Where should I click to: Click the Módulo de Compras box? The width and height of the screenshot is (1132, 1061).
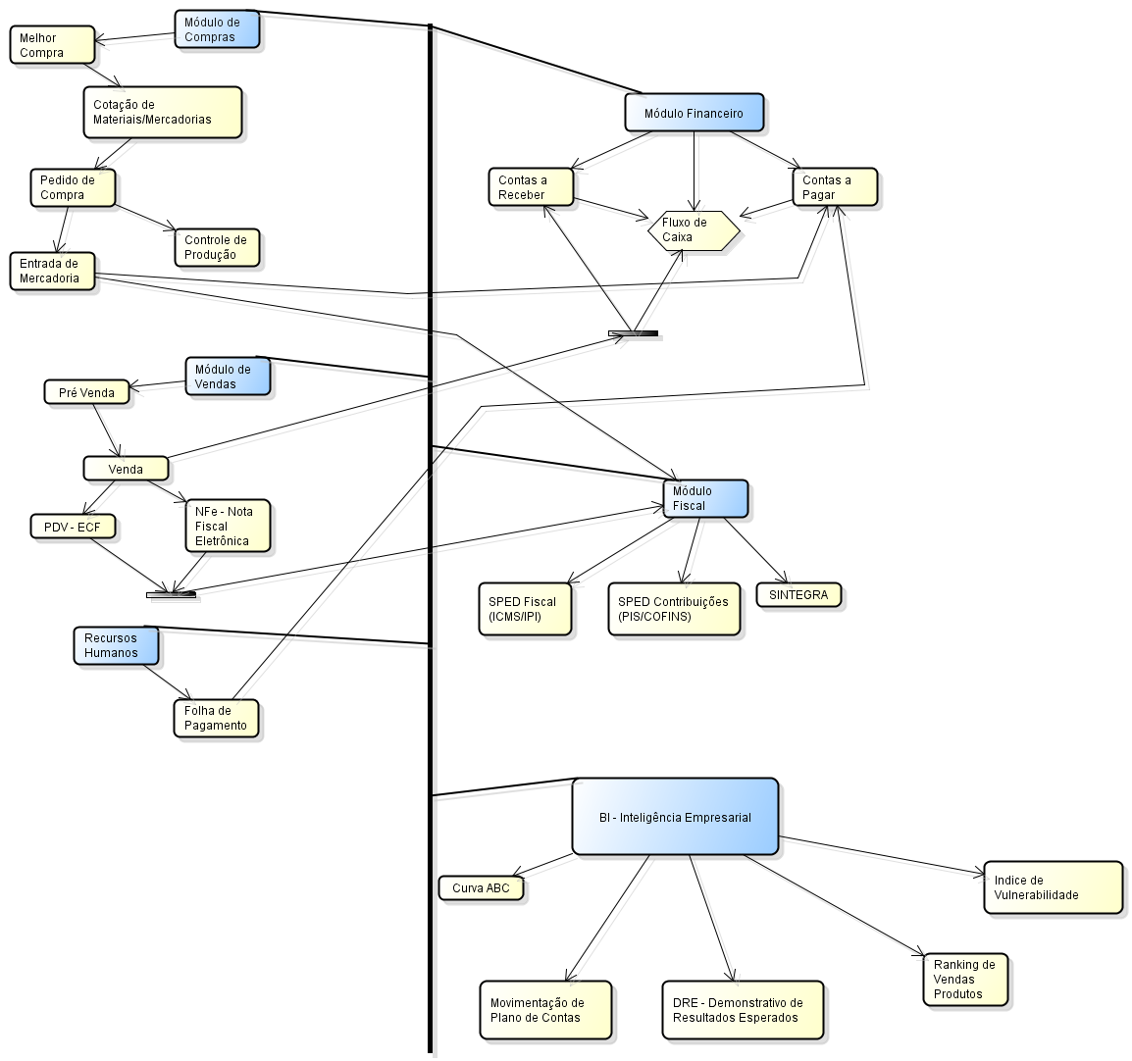[217, 29]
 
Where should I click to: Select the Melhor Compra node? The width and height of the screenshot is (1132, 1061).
[52, 45]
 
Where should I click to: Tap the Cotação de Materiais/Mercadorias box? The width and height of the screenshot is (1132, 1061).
[162, 112]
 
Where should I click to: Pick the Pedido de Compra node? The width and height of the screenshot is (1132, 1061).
[72, 187]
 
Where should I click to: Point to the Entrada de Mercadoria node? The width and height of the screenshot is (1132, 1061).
[54, 271]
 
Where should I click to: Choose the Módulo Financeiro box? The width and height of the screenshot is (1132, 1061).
[694, 113]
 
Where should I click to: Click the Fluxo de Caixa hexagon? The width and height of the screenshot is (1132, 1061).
[693, 230]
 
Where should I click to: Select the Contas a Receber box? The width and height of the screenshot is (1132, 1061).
[531, 187]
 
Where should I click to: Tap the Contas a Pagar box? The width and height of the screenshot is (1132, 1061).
[834, 187]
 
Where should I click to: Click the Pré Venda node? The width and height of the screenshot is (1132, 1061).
[86, 392]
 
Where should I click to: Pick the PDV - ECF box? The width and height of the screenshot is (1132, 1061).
[73, 527]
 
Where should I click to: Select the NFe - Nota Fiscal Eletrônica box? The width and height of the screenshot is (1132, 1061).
[228, 527]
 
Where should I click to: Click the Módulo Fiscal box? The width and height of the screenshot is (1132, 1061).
[705, 498]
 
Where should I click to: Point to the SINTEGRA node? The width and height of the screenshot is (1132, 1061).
[798, 595]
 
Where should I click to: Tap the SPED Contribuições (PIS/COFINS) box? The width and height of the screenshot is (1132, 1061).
[673, 609]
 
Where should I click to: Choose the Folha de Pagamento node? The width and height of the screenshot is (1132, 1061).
[215, 718]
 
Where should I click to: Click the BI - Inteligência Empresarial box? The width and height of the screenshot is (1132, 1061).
[675, 817]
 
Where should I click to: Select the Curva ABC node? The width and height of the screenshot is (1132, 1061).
[481, 888]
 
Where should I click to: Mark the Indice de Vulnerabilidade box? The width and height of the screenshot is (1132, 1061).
[1052, 887]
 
